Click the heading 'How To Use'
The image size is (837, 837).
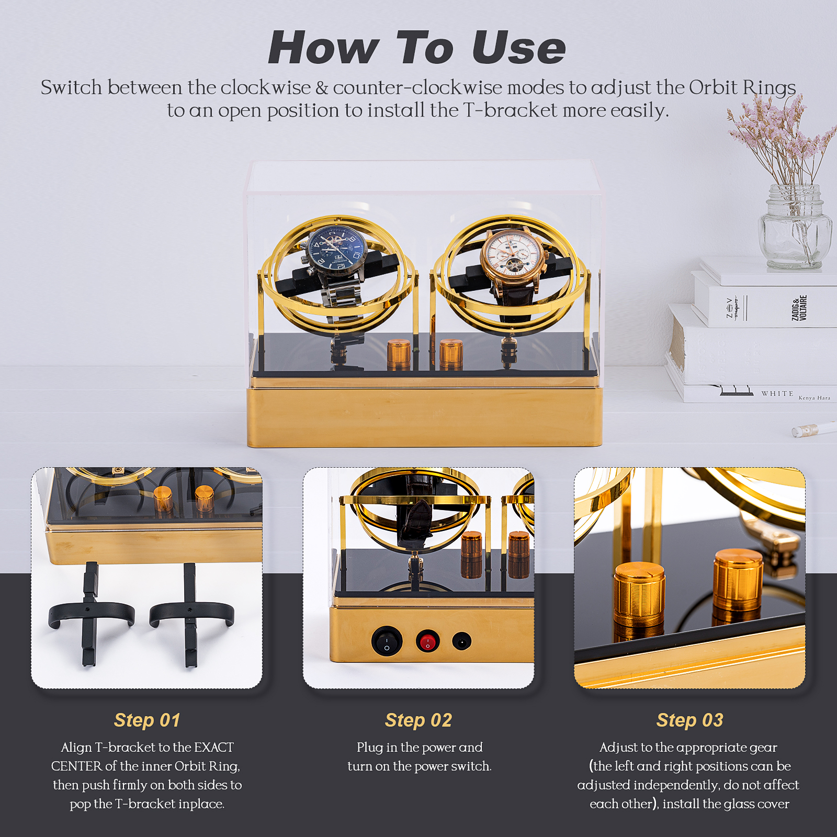pos(417,48)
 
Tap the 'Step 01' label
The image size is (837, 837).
pos(147,720)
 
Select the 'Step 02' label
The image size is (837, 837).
pos(418,720)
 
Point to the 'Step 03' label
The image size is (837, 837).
pos(690,720)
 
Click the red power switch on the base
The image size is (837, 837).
pos(428,641)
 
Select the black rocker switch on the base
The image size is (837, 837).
pos(387,641)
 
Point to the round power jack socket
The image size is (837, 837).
pos(462,641)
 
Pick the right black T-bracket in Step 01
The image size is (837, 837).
pos(191,613)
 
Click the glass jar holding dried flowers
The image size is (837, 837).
pos(795,226)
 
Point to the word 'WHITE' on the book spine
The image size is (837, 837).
pos(777,393)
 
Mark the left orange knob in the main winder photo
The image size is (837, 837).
pos(399,354)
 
